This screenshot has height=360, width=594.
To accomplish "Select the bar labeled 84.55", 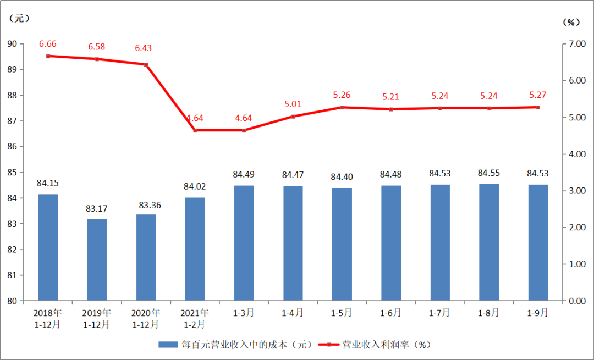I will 489,242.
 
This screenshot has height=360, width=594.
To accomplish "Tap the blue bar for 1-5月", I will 342,244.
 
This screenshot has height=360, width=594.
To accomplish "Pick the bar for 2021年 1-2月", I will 195,248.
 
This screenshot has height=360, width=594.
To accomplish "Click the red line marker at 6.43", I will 146,64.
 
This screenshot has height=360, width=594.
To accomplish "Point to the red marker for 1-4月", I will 293,117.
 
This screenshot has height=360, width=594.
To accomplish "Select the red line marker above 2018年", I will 48,56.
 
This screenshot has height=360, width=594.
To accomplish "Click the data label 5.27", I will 537,95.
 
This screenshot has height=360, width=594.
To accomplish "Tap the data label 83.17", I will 97,209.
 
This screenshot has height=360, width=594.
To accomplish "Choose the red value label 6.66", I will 48,43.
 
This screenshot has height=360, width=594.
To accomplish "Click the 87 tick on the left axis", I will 12,121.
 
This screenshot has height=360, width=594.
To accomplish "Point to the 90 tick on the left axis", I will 12,44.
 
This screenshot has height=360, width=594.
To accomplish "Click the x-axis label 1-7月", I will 439,313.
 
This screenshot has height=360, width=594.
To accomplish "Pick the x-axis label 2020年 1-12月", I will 146,318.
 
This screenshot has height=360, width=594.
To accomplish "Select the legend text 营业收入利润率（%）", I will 385,345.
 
